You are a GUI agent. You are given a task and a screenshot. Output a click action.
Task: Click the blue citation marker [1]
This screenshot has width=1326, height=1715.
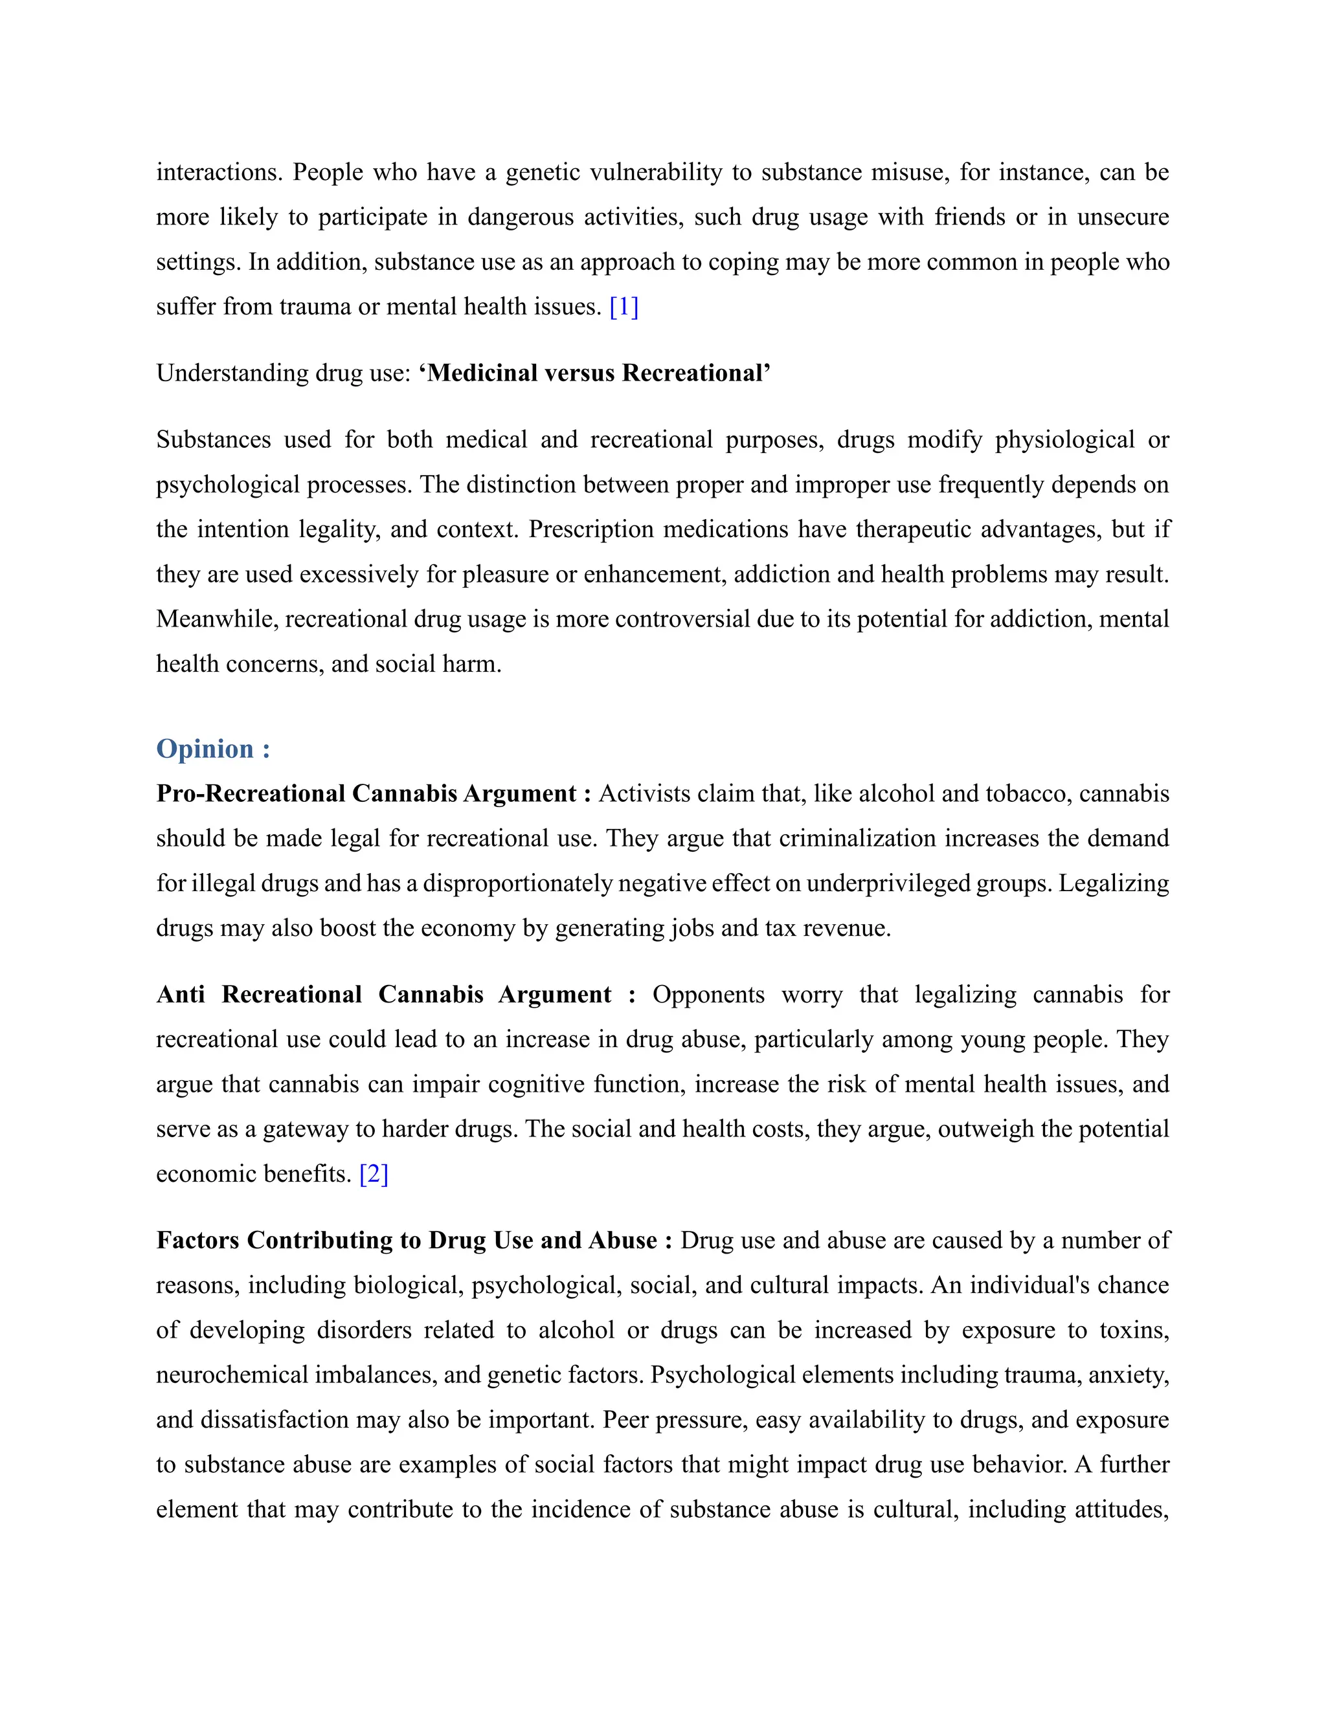(624, 307)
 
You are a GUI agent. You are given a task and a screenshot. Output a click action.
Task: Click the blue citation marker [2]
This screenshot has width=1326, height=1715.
(374, 1174)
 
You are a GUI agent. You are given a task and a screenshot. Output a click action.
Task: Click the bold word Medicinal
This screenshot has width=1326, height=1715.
(482, 373)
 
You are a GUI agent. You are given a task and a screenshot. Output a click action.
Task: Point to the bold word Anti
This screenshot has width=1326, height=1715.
(181, 995)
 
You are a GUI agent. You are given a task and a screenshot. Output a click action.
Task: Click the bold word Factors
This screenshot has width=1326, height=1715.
(197, 1241)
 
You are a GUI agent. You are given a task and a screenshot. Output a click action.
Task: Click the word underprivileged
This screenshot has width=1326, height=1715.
(888, 883)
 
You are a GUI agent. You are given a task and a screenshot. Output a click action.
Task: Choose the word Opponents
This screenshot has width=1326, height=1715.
(708, 995)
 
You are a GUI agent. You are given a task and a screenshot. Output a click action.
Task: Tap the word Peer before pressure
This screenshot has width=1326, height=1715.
(625, 1420)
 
